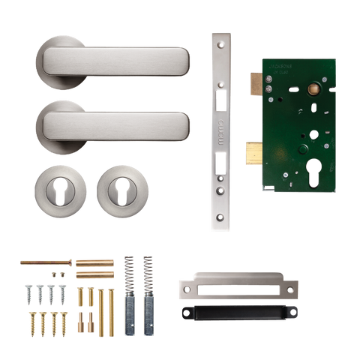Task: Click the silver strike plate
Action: (x=238, y=287)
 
